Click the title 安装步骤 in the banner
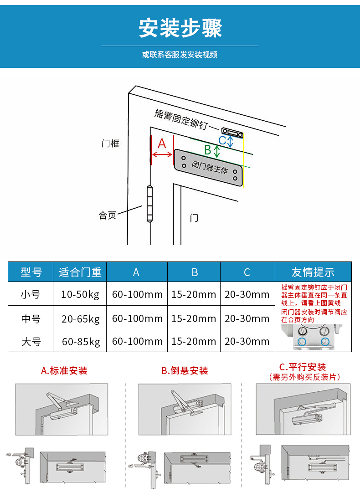180,28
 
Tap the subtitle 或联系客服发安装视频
180,55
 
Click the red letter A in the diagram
162,144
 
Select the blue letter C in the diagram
222,140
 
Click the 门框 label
110,143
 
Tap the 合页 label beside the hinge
108,215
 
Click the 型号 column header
31,272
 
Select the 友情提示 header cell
313,272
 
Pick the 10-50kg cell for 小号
80,295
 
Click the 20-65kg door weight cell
80,318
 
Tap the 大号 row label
31,341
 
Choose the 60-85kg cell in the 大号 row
80,341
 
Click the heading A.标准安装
64,370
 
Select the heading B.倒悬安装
185,371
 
